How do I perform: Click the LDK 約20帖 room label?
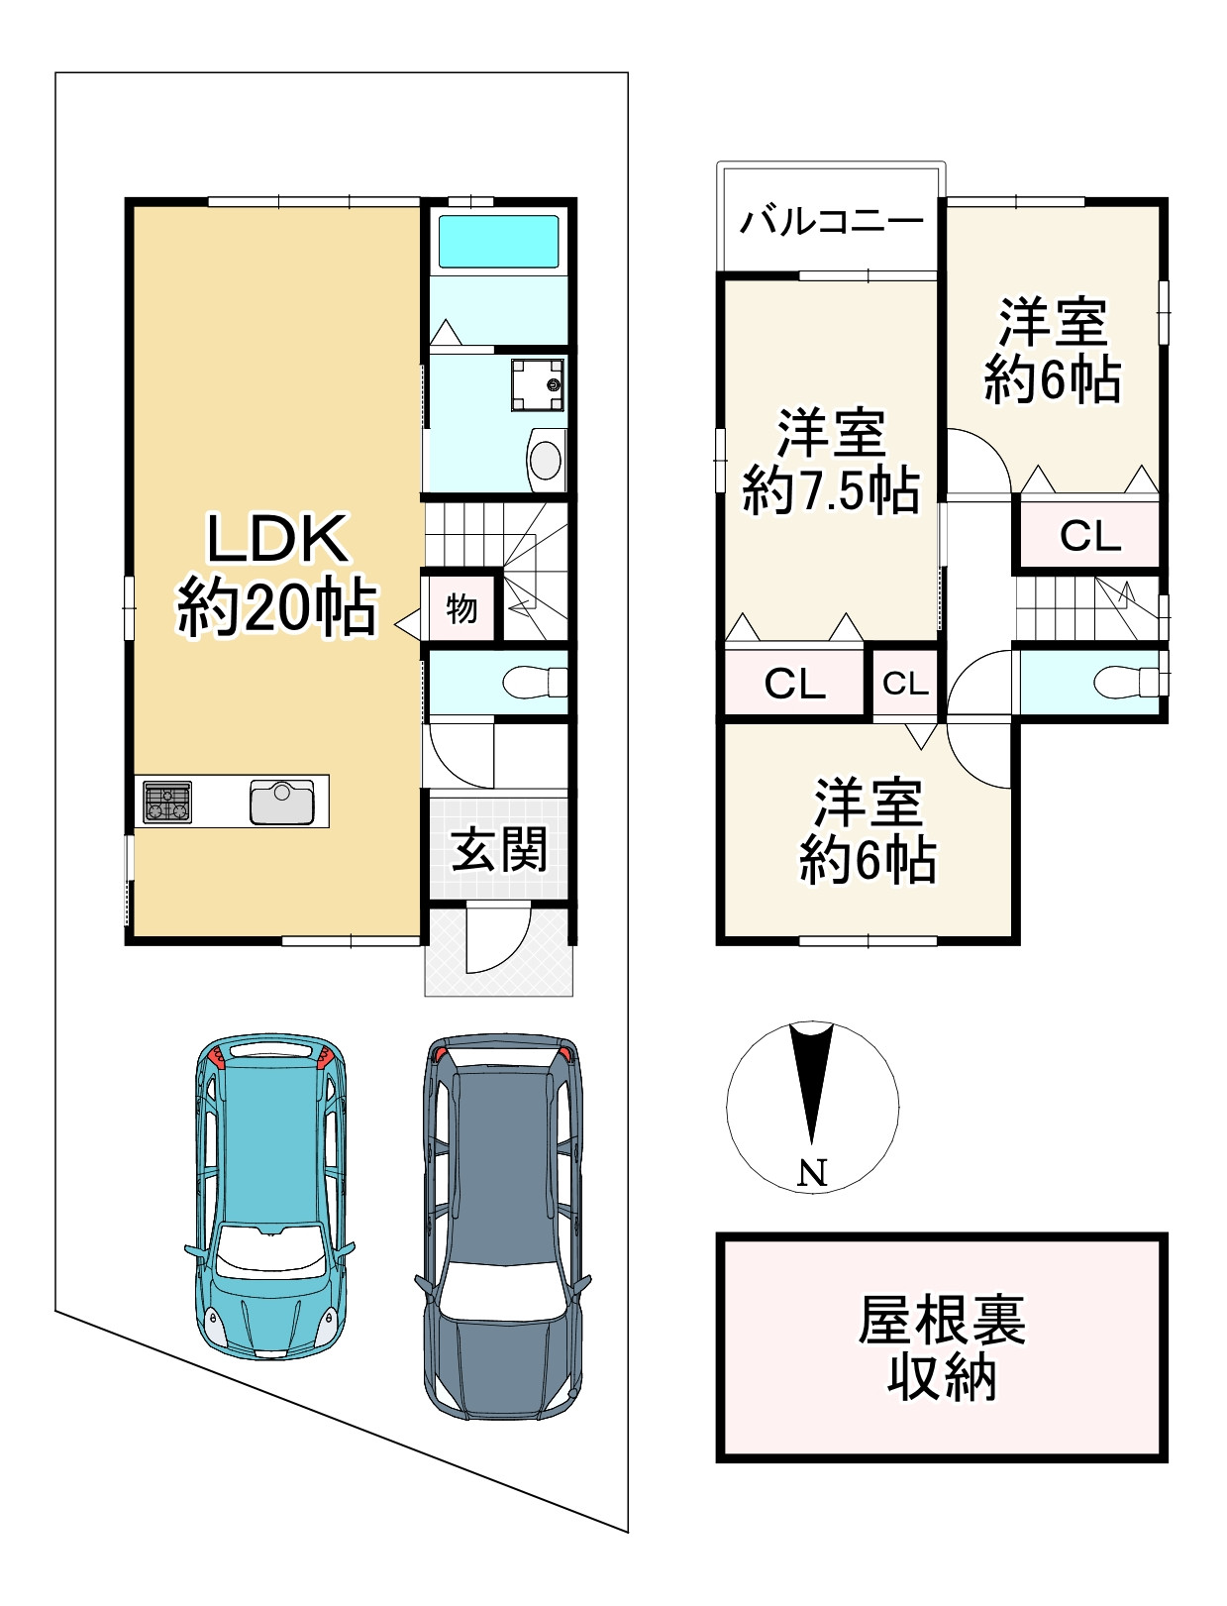coord(277,575)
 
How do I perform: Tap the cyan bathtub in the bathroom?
coord(497,242)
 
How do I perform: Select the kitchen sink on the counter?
coord(281,802)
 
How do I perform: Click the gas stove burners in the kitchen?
coord(167,802)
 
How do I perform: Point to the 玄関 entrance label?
coord(499,849)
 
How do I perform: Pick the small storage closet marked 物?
coord(462,608)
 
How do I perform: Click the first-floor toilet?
coord(535,683)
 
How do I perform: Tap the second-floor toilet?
coord(1130,683)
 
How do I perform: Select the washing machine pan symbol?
coord(538,384)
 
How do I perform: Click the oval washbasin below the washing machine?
coord(546,461)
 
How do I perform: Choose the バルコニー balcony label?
coord(832,220)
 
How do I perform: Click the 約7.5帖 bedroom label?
coord(832,489)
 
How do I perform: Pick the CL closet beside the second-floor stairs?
coord(1090,536)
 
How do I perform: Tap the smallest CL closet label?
coord(905,684)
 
